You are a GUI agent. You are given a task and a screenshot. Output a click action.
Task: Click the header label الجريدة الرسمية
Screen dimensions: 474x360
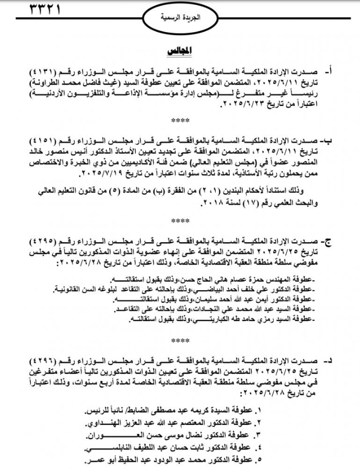tap(180, 18)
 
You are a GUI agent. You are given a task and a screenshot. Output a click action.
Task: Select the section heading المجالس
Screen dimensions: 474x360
tap(179, 51)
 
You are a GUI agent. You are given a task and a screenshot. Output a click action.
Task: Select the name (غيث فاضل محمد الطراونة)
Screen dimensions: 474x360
tap(77, 84)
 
